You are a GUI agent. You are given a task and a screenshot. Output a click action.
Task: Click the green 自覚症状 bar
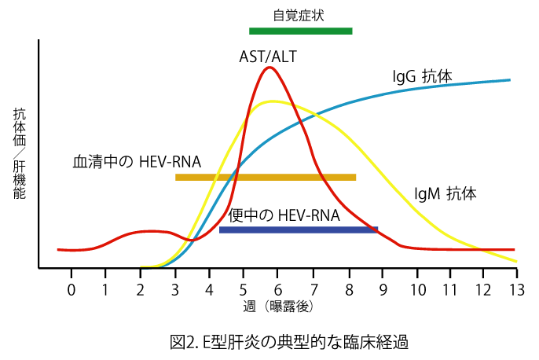[x=300, y=31]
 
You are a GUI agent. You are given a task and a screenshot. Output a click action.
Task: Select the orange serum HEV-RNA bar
[x=266, y=178]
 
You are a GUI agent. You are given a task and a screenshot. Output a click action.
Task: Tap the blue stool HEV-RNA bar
[x=298, y=230]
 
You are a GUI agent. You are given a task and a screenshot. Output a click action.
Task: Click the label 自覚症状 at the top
[x=299, y=15]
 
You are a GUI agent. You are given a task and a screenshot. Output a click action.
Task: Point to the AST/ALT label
[x=268, y=57]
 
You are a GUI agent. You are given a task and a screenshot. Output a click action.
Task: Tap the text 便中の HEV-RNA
[x=284, y=215]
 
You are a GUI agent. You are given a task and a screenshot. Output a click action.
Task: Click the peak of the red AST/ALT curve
[x=270, y=68]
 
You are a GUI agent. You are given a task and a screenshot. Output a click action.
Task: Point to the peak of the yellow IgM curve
[x=272, y=101]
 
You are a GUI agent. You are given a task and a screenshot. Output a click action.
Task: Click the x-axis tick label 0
[x=71, y=288]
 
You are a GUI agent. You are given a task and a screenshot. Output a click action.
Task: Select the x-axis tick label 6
[x=279, y=288]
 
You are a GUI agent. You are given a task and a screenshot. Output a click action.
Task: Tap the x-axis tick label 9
[x=383, y=288]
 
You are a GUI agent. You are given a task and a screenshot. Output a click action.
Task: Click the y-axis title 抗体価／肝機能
[x=20, y=153]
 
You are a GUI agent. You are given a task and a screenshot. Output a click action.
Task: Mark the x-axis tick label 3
[x=175, y=288]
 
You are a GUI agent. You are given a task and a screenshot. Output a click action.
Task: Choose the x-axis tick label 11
[x=449, y=288]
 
